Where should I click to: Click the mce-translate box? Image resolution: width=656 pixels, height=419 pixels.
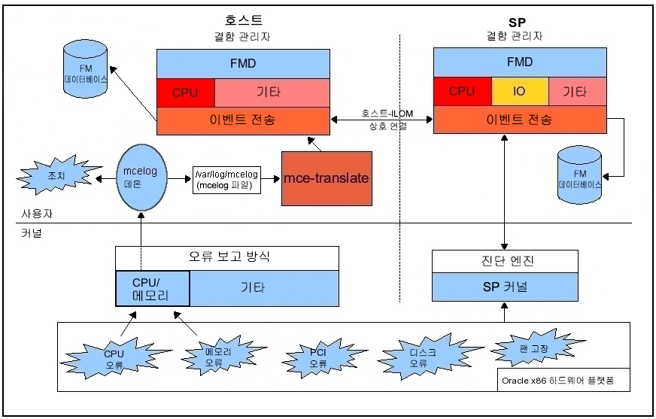click(326, 178)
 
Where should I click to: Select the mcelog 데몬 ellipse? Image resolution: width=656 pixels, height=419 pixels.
click(140, 178)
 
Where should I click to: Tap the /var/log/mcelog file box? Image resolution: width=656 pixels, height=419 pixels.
click(226, 179)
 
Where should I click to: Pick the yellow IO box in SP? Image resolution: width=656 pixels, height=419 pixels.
click(519, 92)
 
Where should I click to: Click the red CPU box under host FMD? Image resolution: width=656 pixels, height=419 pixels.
click(185, 93)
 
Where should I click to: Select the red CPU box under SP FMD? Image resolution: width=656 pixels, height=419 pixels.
click(462, 92)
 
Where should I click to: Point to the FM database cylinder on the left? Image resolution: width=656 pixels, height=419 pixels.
click(86, 72)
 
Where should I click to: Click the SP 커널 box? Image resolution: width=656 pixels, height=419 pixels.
click(505, 287)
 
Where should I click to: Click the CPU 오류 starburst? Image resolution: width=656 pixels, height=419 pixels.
click(114, 359)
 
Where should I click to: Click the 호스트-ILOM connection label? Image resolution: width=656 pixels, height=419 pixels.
click(384, 119)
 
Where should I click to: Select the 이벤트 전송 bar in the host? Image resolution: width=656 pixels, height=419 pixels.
click(243, 119)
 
